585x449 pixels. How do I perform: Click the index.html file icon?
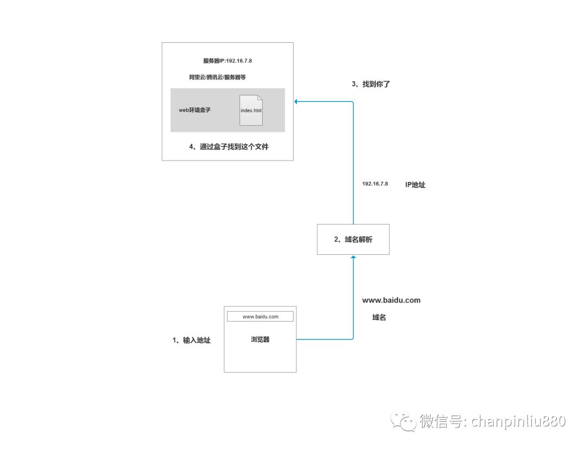(251, 110)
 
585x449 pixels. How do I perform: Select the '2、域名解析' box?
(353, 239)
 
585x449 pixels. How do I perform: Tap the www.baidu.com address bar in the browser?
(260, 316)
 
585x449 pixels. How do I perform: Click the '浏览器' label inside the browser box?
(260, 339)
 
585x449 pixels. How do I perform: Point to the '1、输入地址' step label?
(191, 340)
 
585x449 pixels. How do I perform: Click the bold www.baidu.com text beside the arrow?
(391, 300)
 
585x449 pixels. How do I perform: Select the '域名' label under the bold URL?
(379, 317)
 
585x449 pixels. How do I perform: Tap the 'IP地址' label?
(415, 185)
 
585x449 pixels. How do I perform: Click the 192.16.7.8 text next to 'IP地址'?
(375, 184)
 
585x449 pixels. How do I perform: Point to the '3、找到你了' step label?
(370, 84)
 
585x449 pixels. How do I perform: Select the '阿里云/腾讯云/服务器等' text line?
(218, 78)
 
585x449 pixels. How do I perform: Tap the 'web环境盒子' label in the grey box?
(194, 110)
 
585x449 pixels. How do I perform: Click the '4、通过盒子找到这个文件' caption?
(229, 146)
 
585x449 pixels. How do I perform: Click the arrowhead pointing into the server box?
(296, 101)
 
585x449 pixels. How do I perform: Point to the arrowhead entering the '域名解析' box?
(353, 256)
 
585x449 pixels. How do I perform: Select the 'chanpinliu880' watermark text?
(518, 421)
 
